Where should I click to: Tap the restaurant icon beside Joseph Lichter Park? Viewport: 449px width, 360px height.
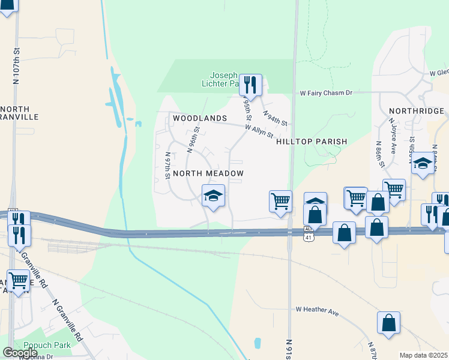point(250,85)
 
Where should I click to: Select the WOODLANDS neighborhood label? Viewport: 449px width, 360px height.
point(200,119)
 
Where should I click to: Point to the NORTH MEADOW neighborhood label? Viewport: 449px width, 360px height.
point(208,173)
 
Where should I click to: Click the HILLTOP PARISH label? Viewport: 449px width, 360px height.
point(312,142)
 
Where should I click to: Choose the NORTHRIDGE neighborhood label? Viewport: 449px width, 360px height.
point(417,111)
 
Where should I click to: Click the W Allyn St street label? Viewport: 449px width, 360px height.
point(259,130)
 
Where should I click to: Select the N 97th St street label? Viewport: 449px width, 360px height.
point(168,164)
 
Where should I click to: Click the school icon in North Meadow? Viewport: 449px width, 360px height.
point(213,196)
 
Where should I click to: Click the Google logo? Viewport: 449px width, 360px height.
point(20,352)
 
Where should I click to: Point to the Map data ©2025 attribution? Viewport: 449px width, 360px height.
point(423,355)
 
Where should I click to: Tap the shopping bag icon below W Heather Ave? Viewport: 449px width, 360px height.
point(388,323)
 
